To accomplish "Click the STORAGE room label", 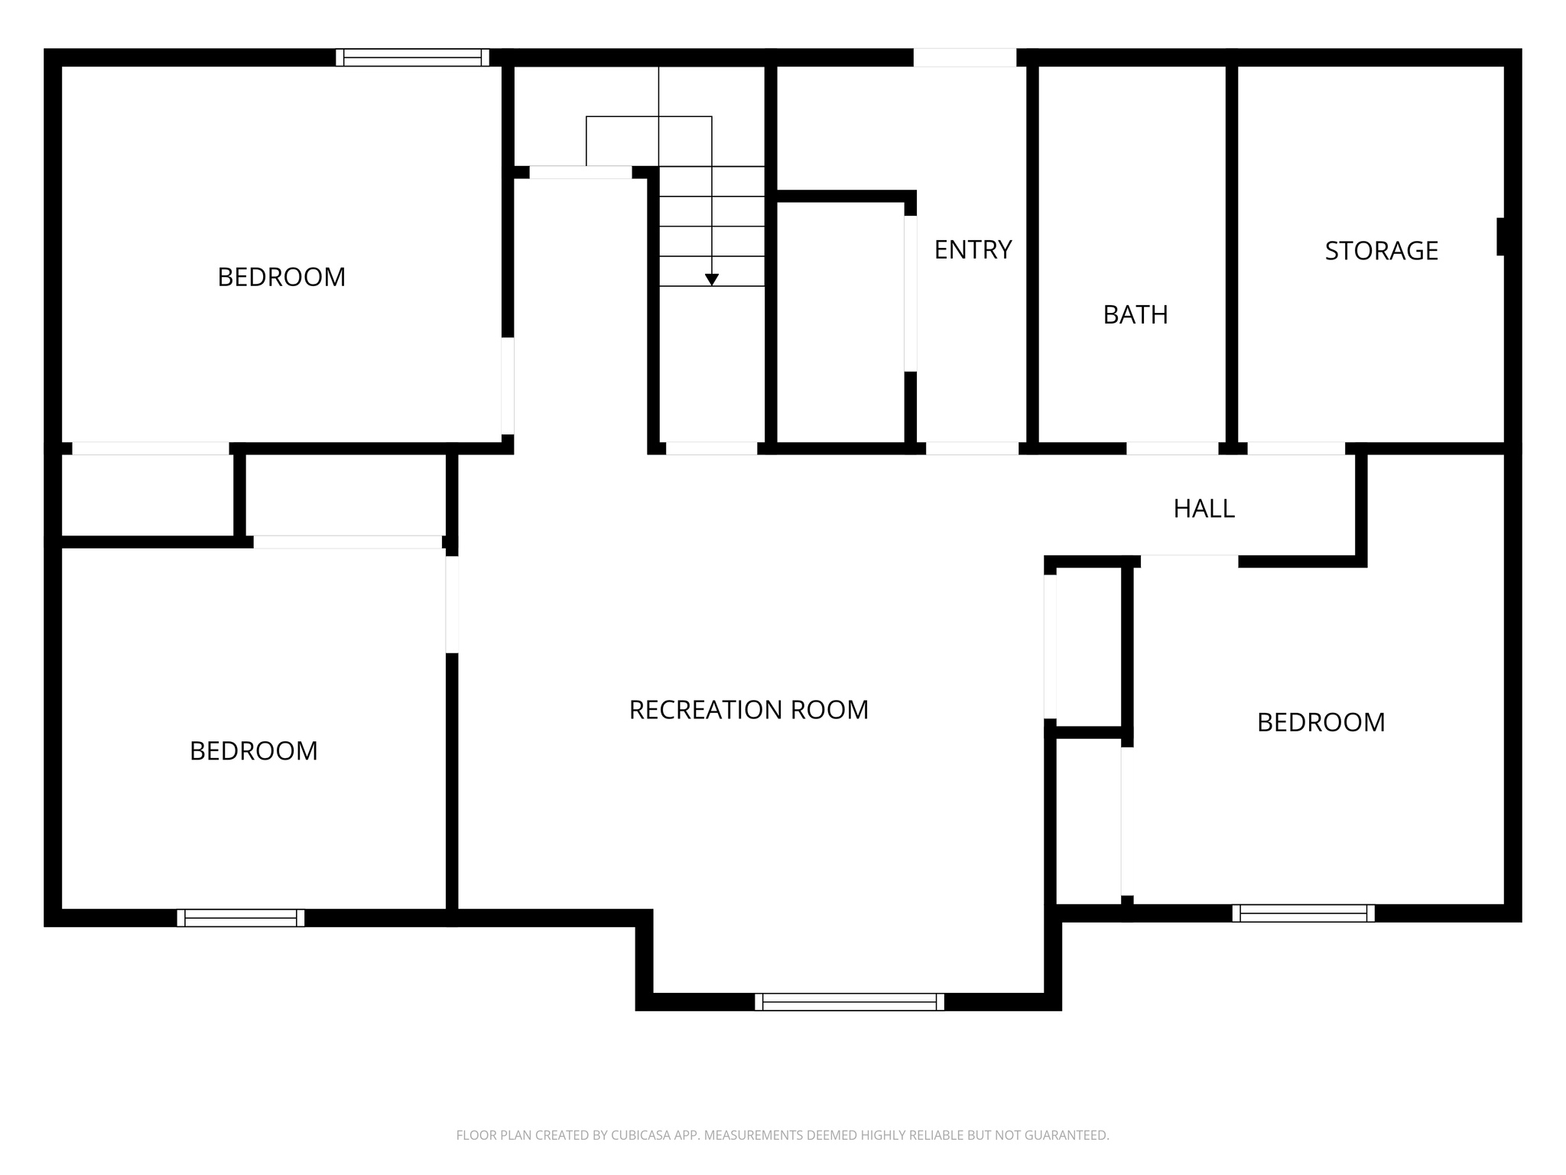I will pos(1381,251).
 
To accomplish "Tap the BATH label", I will pos(1136,314).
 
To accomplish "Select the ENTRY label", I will pos(973,249).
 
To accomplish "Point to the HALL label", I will pos(1204,509).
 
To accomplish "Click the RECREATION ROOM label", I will pos(749,710).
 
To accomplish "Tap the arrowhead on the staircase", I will pos(712,280).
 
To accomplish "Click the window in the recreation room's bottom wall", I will pos(849,1001).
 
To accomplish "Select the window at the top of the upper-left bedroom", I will pos(412,57).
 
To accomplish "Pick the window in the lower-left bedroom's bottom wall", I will pos(240,918).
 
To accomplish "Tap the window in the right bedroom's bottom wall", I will pos(1303,913).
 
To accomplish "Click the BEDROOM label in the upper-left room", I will pos(281,277).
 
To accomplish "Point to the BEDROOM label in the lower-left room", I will pos(253,751).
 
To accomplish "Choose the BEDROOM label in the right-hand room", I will pos(1321,722).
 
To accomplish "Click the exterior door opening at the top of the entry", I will pos(964,57).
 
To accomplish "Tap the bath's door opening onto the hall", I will pos(1172,448).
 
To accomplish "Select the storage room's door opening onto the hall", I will pos(1296,448).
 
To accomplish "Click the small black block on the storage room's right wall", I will pos(1500,236).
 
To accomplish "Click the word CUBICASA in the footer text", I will pos(640,1135).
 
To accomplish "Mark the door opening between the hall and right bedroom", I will pos(1189,561).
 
